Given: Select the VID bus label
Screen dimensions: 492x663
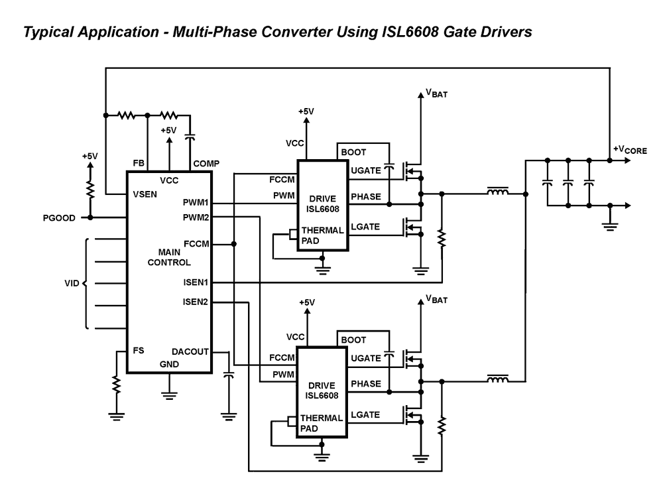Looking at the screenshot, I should coord(72,283).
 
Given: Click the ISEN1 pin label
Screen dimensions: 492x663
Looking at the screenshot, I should coord(196,282).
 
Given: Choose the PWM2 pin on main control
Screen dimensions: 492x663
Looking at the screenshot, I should coord(196,217).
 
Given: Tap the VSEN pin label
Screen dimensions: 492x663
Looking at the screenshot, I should coord(145,194).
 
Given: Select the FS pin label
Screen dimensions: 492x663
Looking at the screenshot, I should coord(139,351).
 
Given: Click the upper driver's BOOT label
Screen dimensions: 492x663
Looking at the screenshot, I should coord(353,152).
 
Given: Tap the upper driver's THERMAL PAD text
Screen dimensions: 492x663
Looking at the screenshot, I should coord(322,235).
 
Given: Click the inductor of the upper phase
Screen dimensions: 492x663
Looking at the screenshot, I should coord(498,193).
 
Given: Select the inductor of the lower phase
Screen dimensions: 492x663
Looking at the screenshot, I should coord(498,380).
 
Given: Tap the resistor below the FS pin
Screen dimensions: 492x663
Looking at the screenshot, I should coord(116,385).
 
